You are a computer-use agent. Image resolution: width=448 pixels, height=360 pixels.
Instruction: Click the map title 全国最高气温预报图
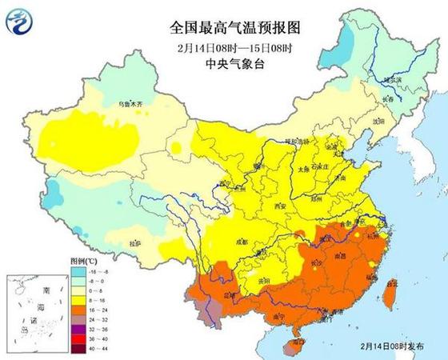click(224, 27)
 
